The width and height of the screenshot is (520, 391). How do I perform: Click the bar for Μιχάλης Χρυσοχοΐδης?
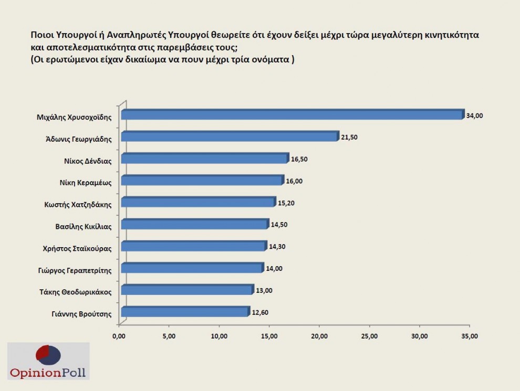pos(292,115)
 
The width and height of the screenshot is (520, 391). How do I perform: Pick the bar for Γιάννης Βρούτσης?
pos(184,312)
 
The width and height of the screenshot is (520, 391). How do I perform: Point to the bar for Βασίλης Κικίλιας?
pos(194,225)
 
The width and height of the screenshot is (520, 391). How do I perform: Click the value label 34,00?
pos(474,115)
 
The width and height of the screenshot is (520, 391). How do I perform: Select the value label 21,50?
pos(349,138)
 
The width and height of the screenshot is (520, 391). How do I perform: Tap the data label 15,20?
pos(286,203)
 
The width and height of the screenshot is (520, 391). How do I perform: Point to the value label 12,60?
pos(259,312)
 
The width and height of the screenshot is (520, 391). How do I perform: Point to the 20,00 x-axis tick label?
pos(319,335)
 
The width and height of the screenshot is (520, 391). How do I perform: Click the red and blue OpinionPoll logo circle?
pos(48,356)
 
